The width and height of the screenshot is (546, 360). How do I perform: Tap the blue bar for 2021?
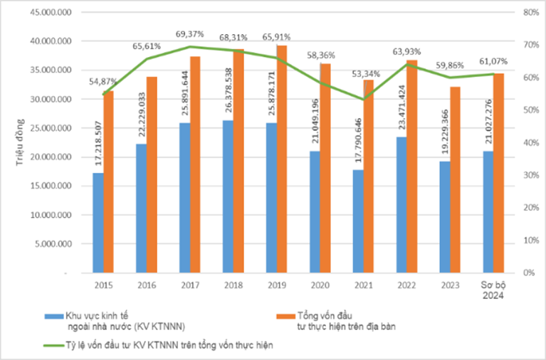(358, 221)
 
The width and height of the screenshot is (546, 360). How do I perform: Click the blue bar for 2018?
(228, 196)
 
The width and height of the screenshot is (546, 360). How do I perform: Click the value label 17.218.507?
(98, 146)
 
